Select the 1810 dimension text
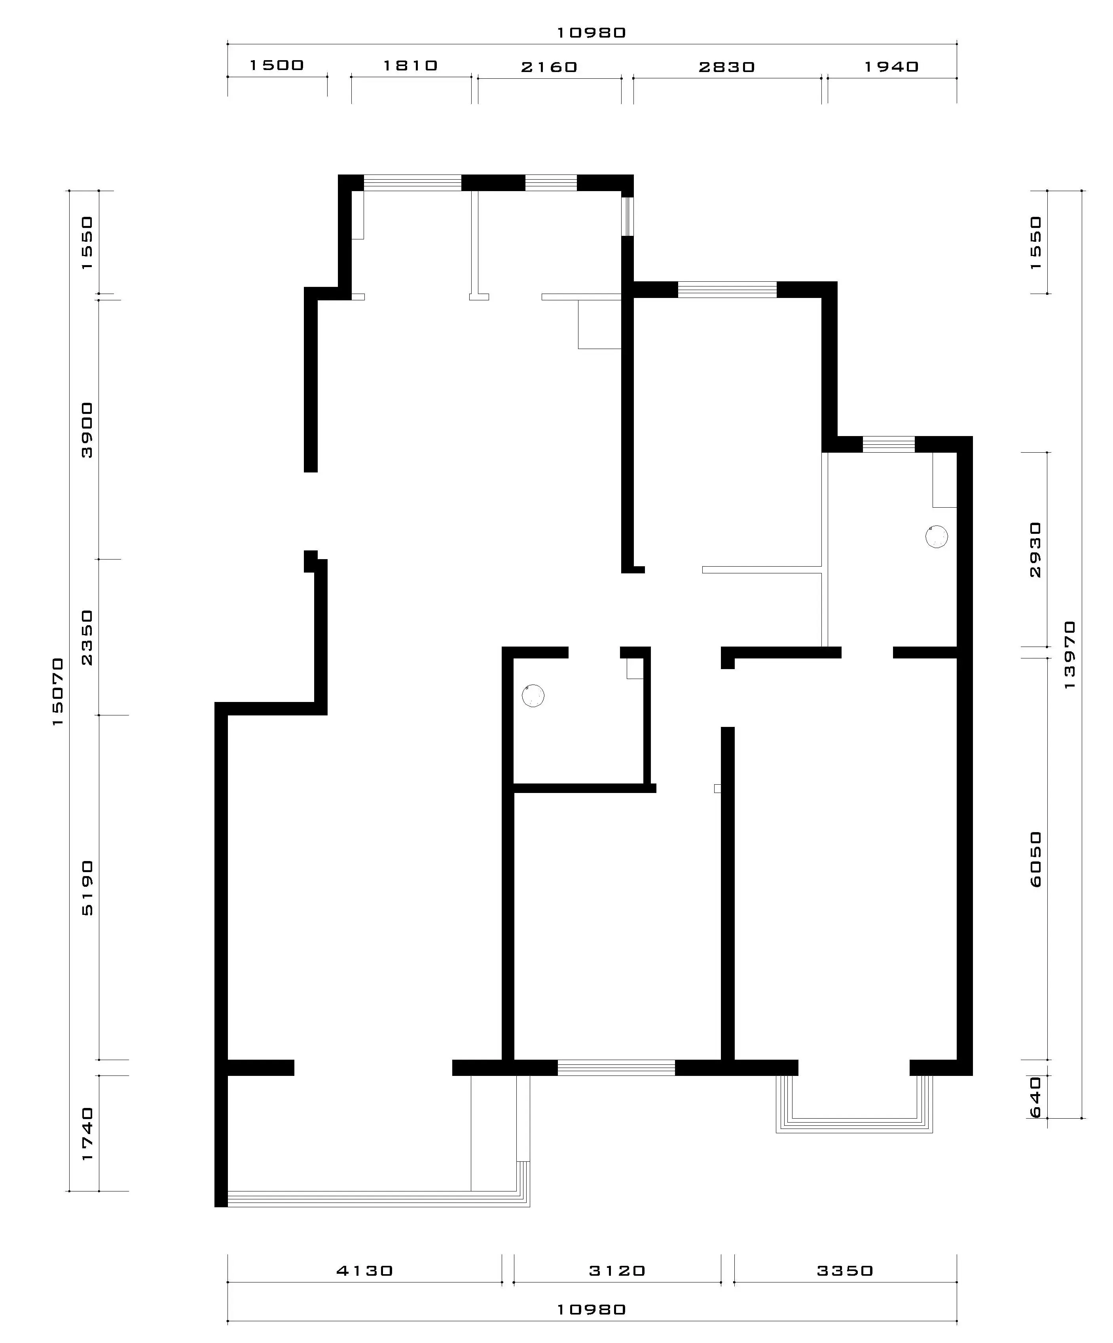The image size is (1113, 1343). click(410, 65)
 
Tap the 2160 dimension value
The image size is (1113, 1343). click(549, 67)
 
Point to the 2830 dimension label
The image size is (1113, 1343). click(727, 67)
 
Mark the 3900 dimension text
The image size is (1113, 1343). click(87, 430)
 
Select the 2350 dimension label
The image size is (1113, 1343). click(87, 637)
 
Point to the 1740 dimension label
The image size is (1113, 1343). click(87, 1134)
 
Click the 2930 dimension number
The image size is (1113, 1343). click(1035, 550)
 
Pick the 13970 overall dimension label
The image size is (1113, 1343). click(1069, 655)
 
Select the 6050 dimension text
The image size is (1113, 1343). click(1035, 859)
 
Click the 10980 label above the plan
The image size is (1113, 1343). click(592, 32)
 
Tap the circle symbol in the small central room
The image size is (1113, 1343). click(533, 696)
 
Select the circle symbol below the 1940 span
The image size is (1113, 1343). click(937, 537)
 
